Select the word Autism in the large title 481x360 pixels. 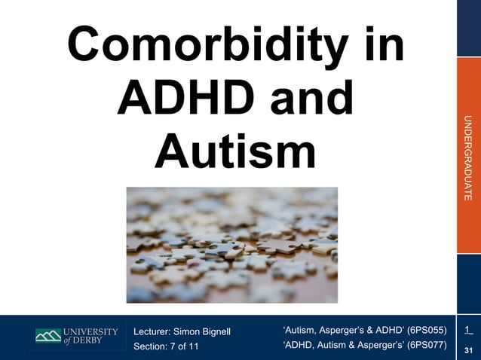(x=234, y=150)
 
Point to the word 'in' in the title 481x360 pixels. (x=380, y=47)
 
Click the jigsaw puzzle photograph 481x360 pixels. (x=231, y=245)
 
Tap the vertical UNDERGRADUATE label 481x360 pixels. (x=468, y=157)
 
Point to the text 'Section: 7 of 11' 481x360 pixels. (x=167, y=346)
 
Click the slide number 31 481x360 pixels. (x=469, y=350)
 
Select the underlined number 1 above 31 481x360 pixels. (x=467, y=330)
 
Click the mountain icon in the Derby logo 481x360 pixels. (x=47, y=336)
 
